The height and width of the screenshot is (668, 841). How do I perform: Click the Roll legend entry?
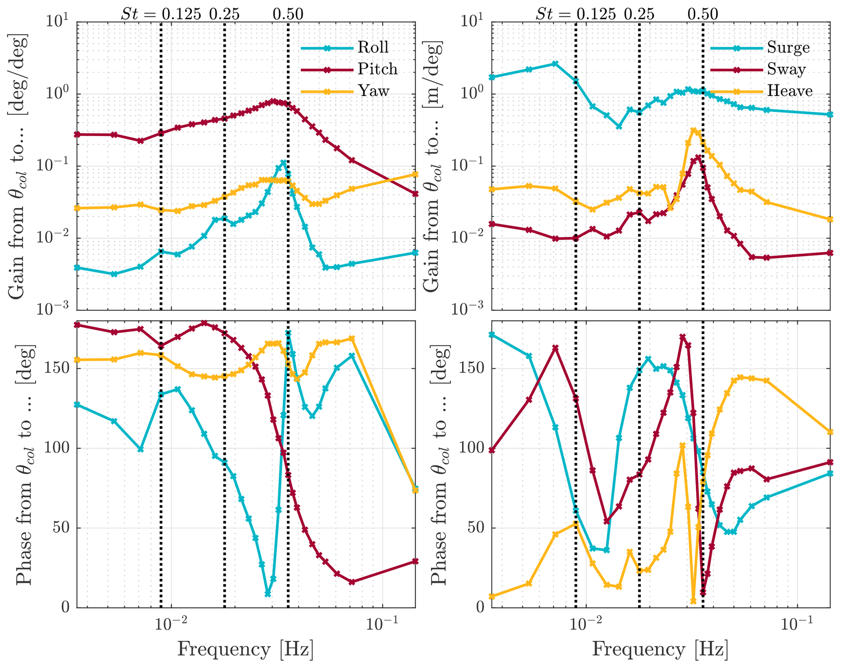tap(373, 47)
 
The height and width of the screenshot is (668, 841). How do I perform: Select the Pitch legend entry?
tap(377, 69)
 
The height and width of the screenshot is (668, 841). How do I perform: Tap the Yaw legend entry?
tap(373, 90)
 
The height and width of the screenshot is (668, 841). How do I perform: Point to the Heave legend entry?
tap(790, 90)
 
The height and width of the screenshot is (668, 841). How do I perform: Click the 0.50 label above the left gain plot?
tap(288, 14)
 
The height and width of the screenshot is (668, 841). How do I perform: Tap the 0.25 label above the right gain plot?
tap(639, 14)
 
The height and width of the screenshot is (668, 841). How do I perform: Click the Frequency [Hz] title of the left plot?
tap(245, 649)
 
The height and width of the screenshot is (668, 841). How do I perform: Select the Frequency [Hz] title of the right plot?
tap(660, 649)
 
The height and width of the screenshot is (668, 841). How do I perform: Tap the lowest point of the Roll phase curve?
tap(267, 594)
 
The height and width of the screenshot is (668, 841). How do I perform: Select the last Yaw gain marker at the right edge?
tap(415, 175)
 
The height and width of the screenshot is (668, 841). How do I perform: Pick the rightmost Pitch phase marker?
tap(415, 561)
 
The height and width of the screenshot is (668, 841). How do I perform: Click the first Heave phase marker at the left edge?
tap(491, 596)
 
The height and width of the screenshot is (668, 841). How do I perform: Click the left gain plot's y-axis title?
tap(18, 167)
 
